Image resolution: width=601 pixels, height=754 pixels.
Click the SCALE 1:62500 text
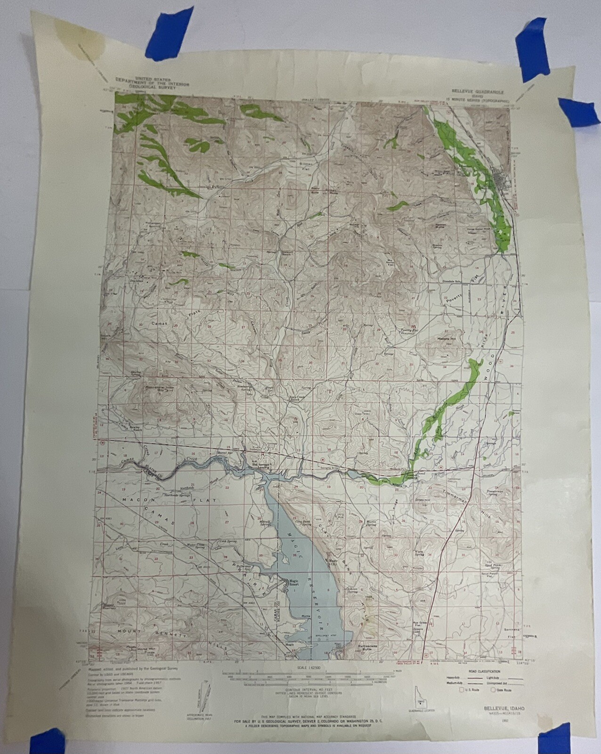(x=309, y=668)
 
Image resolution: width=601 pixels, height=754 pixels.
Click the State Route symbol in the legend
(x=493, y=689)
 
